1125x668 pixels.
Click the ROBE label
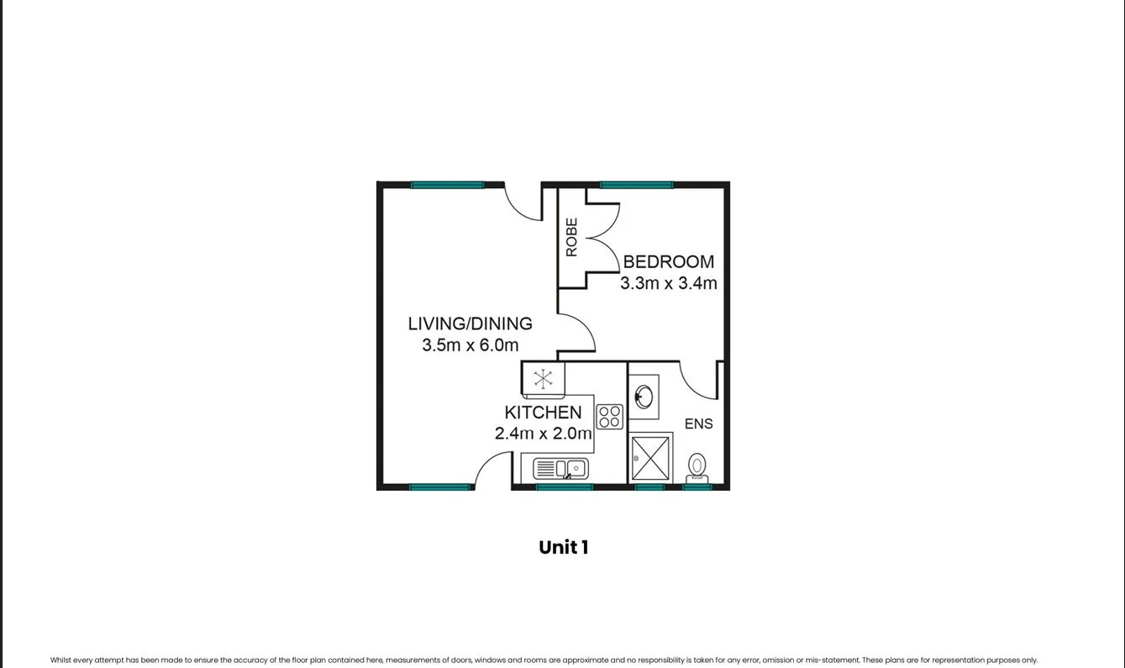571,238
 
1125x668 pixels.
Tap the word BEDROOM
668,262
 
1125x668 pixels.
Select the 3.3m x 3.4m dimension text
668,284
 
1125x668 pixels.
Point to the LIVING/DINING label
470,323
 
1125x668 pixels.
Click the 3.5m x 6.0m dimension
470,345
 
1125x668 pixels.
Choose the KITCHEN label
543,413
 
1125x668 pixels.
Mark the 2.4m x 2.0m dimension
543,434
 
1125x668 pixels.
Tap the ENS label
698,424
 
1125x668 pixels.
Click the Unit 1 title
563,548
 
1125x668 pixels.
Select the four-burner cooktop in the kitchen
609,417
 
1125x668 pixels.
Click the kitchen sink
560,468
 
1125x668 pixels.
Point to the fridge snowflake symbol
543,378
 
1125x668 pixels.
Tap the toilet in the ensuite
697,466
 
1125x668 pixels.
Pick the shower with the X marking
651,458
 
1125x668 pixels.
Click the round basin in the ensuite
644,396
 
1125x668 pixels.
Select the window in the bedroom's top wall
636,185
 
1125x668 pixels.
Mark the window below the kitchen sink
564,487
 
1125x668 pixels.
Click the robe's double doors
602,238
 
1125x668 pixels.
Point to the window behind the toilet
697,487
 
